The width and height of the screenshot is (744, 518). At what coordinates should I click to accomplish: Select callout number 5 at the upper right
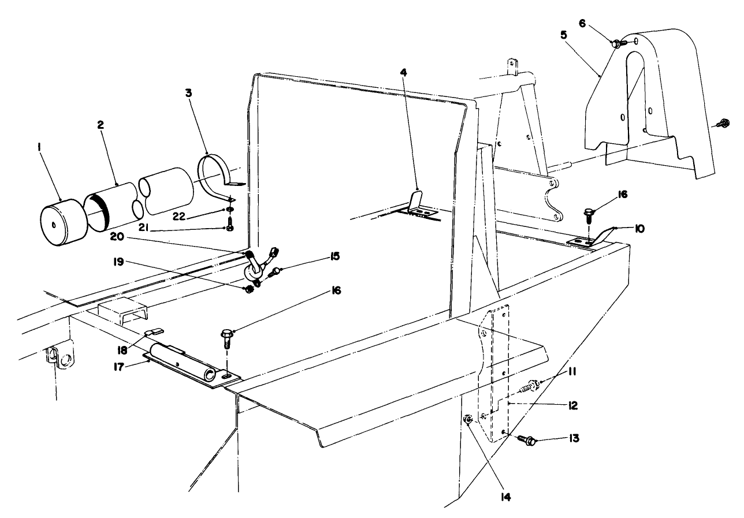[563, 34]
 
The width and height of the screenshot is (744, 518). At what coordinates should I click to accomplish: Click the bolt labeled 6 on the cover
[617, 42]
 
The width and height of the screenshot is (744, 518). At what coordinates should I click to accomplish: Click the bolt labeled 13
[527, 440]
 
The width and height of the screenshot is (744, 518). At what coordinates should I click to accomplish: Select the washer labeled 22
[230, 208]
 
